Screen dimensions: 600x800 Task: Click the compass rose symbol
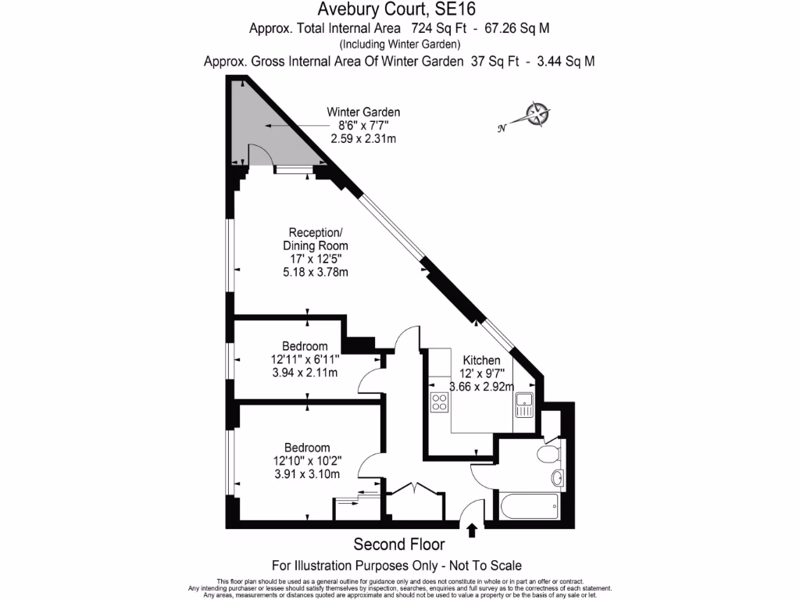click(537, 114)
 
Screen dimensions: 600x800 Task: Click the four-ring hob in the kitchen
click(439, 402)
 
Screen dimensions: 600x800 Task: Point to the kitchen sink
click(523, 405)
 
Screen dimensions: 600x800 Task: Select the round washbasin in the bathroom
click(557, 477)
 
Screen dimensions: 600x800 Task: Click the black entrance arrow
click(472, 531)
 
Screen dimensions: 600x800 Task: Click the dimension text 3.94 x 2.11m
click(305, 373)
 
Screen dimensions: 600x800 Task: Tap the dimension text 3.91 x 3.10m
click(307, 474)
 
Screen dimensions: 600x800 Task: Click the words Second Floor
click(399, 545)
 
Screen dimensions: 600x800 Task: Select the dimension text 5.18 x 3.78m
click(315, 272)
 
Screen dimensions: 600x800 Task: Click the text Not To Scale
click(486, 565)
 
